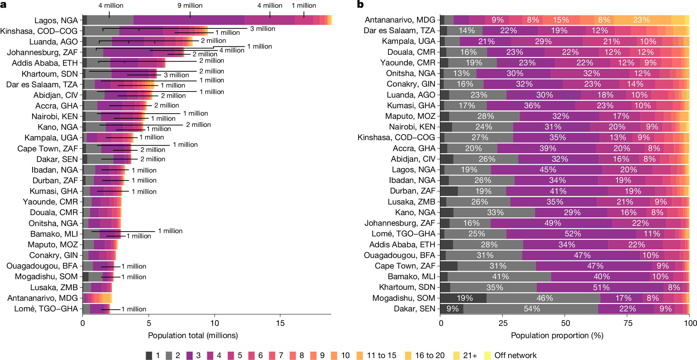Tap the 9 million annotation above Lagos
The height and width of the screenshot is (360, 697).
pyautogui.click(x=190, y=5)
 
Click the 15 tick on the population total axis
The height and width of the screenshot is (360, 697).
pyautogui.click(x=280, y=323)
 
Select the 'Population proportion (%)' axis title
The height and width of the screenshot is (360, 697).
pyautogui.click(x=557, y=336)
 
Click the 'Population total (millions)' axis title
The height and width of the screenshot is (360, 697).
pyautogui.click(x=193, y=336)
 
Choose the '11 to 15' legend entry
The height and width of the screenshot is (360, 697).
pyautogui.click(x=381, y=355)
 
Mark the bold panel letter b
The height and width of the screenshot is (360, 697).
pyautogui.click(x=360, y=5)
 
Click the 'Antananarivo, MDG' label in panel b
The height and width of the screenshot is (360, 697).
pyautogui.click(x=400, y=20)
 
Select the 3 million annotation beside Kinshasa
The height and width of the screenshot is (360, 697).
pyautogui.click(x=263, y=29)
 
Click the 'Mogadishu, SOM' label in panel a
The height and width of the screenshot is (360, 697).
pyautogui.click(x=46, y=277)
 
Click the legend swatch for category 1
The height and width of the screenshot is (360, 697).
pyautogui.click(x=149, y=355)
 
